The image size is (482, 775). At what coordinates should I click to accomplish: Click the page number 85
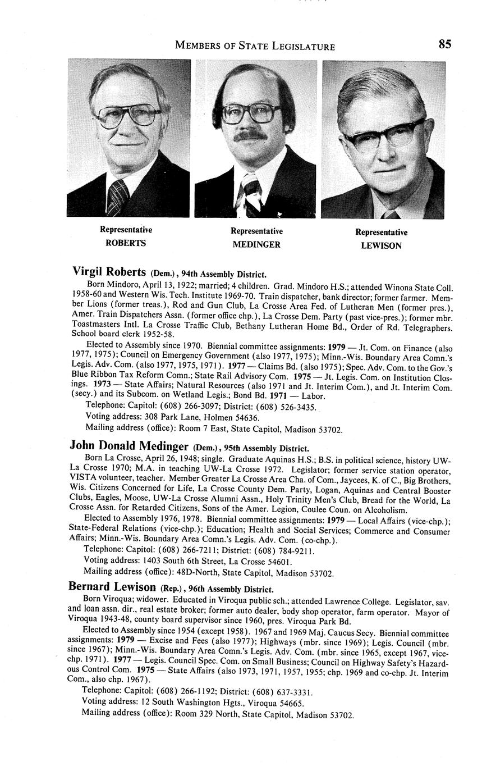[x=444, y=44]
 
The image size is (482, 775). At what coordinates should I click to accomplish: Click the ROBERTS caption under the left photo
[x=126, y=243]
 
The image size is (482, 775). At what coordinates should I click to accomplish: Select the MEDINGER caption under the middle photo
[x=256, y=245]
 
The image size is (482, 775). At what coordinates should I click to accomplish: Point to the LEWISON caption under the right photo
[x=381, y=246]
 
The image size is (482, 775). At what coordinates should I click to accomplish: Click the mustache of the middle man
[x=251, y=135]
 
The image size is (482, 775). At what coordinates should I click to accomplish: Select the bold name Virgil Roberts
[x=109, y=272]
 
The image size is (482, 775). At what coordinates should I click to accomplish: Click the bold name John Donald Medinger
[x=128, y=446]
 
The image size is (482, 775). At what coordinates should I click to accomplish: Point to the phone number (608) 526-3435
[x=285, y=407]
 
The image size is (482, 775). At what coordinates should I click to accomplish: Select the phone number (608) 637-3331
[x=282, y=692]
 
